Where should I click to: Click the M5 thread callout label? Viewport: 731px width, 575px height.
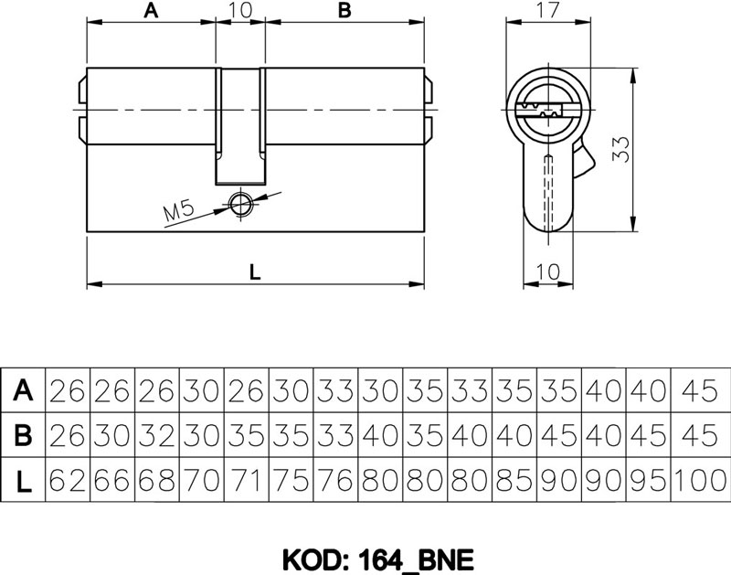click(178, 212)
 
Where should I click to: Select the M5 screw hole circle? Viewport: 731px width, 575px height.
click(239, 204)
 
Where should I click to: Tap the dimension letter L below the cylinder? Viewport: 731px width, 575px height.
click(255, 272)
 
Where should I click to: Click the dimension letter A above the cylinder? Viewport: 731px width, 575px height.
click(151, 10)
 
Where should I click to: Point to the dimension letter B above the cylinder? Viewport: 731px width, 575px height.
click(344, 10)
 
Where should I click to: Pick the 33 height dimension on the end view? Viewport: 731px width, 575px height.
click(620, 149)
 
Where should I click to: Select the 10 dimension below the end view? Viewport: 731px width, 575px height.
click(547, 271)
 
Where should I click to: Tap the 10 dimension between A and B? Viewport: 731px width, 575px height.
click(240, 10)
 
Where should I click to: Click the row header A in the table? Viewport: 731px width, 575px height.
click(23, 389)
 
